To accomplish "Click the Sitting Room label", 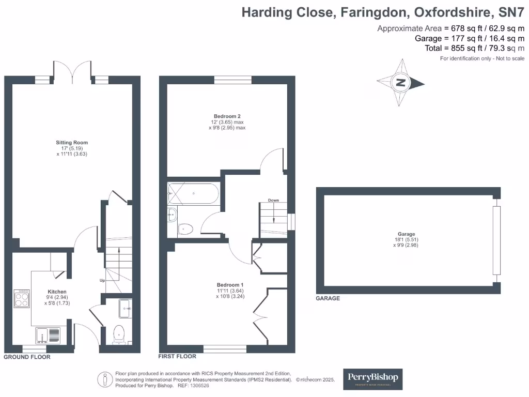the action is (72, 143).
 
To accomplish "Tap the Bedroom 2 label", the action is (227, 116).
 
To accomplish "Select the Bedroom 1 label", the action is (230, 285).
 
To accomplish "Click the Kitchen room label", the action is (57, 292).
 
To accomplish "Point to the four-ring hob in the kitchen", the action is (22, 298).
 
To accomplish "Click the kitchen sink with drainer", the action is (48, 335).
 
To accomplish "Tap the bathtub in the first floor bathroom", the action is (193, 193).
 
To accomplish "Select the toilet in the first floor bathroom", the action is (185, 229).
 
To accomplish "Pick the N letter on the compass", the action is (400, 82).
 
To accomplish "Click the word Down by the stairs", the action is (274, 200).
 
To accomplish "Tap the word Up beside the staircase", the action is (102, 280).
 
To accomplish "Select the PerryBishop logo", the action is (373, 379).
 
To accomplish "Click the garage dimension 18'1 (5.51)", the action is (406, 240).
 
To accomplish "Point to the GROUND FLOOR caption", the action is (27, 357).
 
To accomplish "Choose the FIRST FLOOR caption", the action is (177, 356).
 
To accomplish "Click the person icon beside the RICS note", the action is (105, 379).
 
